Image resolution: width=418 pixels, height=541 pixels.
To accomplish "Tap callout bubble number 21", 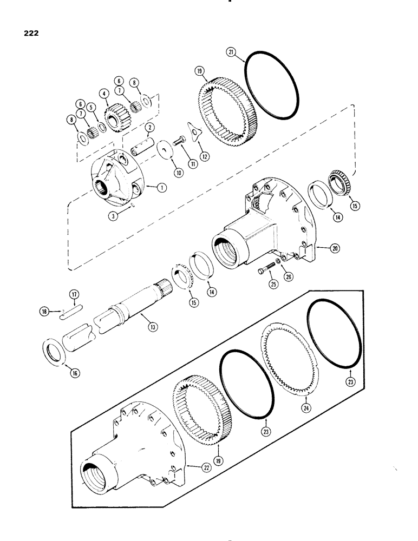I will [231, 52].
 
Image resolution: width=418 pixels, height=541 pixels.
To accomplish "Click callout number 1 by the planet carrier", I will [161, 187].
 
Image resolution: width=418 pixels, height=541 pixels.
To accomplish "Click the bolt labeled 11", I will [180, 142].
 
